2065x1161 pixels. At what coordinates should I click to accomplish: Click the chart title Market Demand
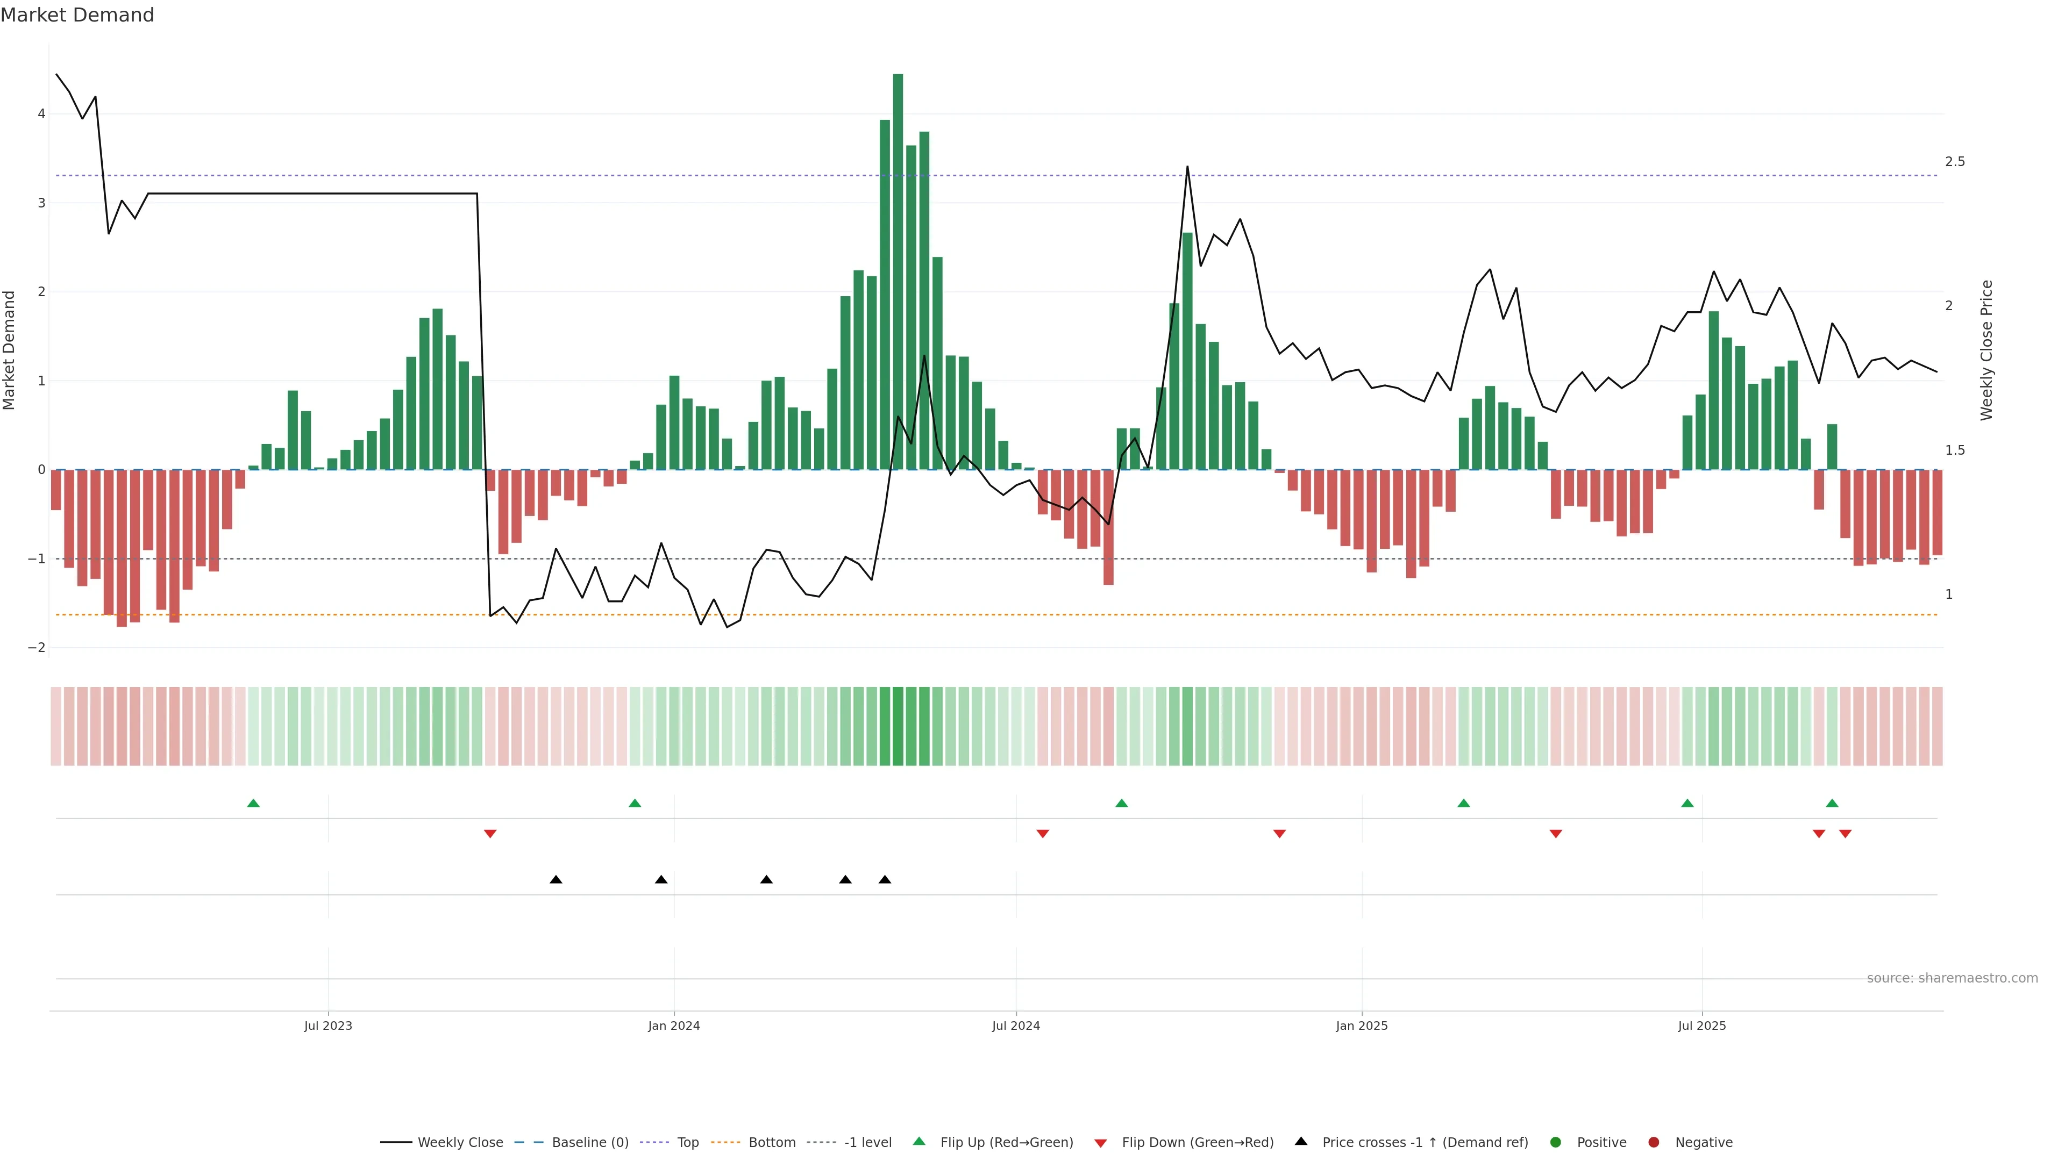coord(77,15)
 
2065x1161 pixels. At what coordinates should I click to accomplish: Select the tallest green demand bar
coord(898,273)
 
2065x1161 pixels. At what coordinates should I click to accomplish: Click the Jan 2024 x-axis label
coord(673,1026)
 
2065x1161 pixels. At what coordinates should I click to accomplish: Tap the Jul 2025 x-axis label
coord(1702,1026)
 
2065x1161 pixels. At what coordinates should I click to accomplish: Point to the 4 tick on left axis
coord(41,114)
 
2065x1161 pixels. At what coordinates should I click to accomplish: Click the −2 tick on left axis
coord(37,647)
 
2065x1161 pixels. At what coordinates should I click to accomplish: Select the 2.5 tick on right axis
coord(1955,162)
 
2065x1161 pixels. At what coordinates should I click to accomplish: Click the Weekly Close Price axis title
coord(1986,350)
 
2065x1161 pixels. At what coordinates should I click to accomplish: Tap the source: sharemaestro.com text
coord(1952,978)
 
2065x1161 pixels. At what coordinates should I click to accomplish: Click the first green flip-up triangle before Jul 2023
coord(253,803)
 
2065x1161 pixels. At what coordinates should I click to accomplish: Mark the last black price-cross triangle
coord(885,880)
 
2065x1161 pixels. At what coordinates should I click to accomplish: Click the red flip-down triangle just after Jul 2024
coord(1042,834)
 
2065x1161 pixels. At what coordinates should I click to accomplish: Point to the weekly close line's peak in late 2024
coord(1187,167)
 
